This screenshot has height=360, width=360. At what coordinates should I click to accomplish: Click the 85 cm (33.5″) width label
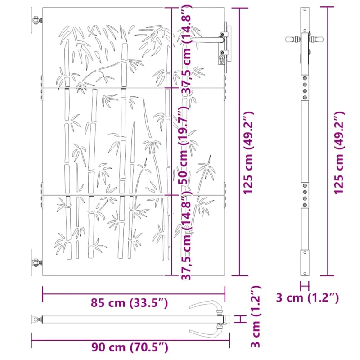pyautogui.click(x=129, y=303)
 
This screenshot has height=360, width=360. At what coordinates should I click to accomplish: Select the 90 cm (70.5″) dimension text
pyautogui.click(x=130, y=347)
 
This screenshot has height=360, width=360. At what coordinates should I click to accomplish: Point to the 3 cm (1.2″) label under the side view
pyautogui.click(x=307, y=298)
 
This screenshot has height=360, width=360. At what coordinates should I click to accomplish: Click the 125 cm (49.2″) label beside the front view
pyautogui.click(x=248, y=153)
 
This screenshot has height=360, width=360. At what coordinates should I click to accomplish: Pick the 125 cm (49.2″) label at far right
pyautogui.click(x=339, y=153)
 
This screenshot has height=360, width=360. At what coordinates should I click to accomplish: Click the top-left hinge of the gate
pyautogui.click(x=36, y=20)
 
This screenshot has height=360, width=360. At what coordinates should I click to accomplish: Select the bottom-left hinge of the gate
pyautogui.click(x=36, y=262)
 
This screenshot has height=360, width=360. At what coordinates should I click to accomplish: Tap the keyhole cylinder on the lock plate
pyautogui.click(x=221, y=59)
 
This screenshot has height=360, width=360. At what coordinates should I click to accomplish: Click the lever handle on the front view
pyautogui.click(x=208, y=40)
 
